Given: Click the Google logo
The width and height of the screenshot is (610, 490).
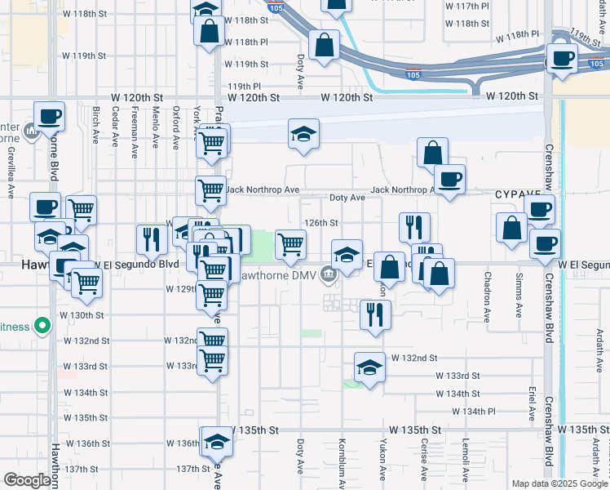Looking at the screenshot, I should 28,480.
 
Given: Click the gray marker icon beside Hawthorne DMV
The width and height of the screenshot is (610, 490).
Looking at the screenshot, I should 328,275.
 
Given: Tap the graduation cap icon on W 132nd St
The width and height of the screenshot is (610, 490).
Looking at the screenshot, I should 369,367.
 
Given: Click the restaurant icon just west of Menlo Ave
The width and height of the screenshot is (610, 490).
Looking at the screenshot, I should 151,239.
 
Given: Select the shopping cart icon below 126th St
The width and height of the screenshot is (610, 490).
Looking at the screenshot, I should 290,243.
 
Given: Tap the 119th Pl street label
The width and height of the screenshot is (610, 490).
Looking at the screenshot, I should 244,86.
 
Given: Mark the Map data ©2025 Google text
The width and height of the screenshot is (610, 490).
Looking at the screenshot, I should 559,483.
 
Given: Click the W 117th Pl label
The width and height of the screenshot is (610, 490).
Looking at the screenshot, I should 468,6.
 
